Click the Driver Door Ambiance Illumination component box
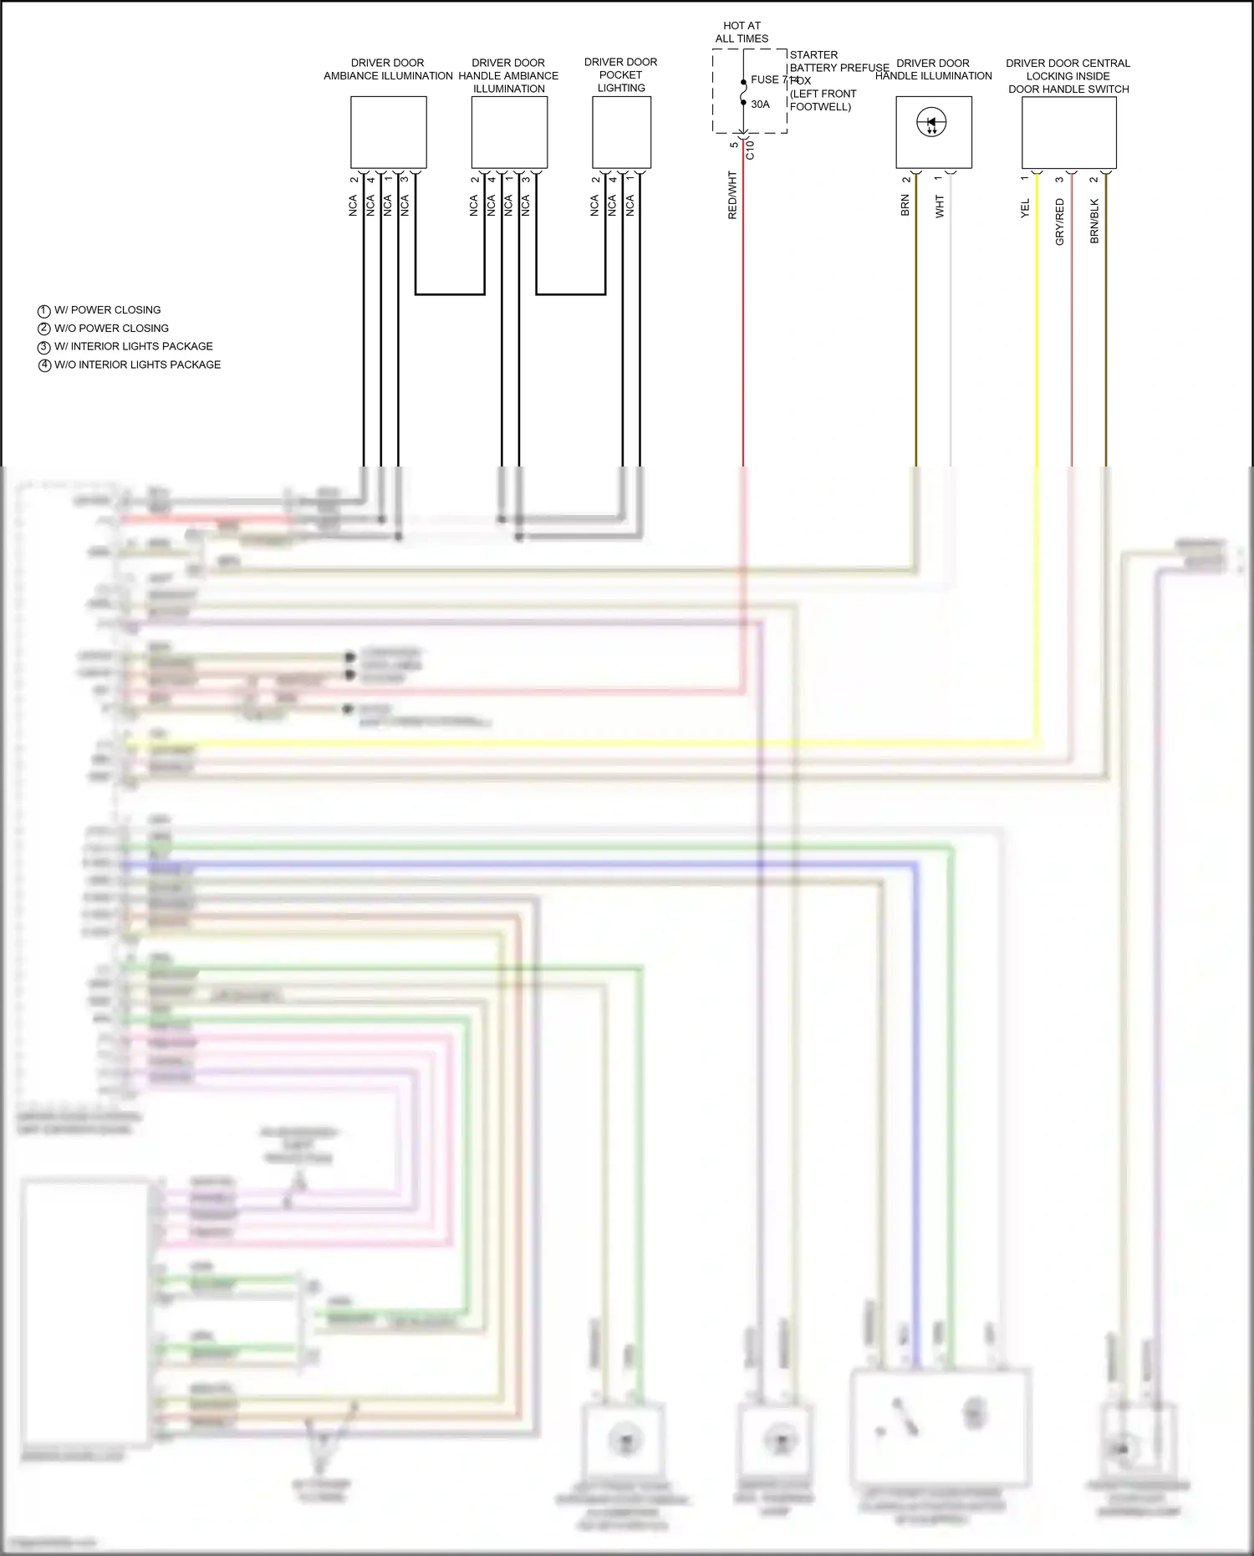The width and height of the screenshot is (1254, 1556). (x=388, y=132)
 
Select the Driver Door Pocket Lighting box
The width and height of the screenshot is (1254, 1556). (x=621, y=132)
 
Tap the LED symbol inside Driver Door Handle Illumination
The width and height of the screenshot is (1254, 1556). (x=931, y=124)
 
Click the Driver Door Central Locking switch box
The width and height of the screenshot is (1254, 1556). (x=1068, y=132)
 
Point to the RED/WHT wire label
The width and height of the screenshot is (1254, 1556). (x=732, y=196)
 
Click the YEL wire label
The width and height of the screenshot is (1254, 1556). (x=1025, y=208)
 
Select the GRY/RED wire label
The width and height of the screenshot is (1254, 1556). (x=1059, y=222)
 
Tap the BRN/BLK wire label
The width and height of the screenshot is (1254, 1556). (x=1094, y=222)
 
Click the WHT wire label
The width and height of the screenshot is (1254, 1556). (x=939, y=207)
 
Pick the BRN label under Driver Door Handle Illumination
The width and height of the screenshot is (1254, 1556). (x=905, y=206)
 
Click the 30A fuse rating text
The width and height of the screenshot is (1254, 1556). (x=760, y=105)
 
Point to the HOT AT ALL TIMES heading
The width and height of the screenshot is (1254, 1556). (x=742, y=32)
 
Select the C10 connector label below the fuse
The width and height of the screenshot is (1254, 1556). (x=750, y=150)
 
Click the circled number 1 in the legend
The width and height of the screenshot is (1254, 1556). (x=44, y=310)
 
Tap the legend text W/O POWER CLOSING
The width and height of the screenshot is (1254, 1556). (x=111, y=329)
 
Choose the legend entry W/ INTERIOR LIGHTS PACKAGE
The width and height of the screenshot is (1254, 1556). (x=133, y=346)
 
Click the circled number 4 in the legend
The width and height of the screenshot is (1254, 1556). (x=44, y=365)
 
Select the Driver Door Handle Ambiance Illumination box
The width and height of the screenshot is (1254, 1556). (x=509, y=132)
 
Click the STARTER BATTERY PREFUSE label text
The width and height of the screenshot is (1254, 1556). (x=839, y=61)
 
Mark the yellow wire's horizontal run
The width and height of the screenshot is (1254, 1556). (x=585, y=743)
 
